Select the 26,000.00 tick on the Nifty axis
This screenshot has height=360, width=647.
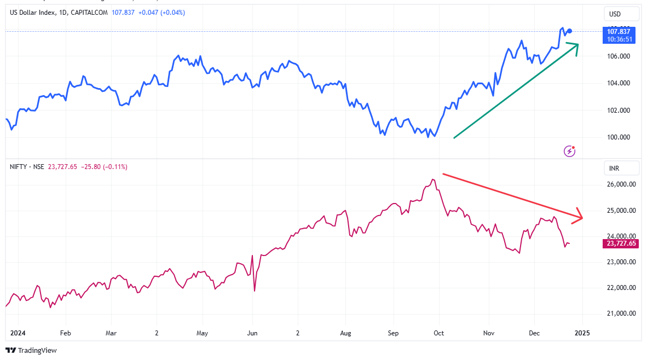coord(621,185)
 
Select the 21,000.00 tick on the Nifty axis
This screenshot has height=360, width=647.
coord(621,313)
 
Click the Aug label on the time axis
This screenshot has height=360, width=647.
coord(345,333)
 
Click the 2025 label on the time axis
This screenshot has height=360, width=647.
coord(582,333)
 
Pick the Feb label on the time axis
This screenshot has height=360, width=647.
coord(65,333)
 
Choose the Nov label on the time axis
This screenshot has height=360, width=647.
coord(489,333)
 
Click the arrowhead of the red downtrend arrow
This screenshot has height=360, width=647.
coord(579,217)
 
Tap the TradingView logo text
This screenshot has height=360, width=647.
coord(37,350)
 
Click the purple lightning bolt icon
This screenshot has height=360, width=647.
coord(569,150)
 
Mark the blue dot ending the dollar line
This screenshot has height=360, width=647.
coord(570,31)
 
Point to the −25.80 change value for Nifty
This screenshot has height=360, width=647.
coord(90,166)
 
